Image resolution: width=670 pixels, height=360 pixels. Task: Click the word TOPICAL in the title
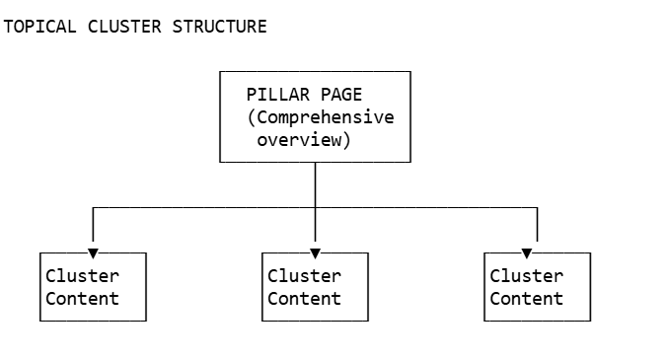(x=40, y=27)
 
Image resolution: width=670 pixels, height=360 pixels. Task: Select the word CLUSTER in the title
(x=125, y=27)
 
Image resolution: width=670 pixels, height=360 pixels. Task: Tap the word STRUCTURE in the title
(x=220, y=27)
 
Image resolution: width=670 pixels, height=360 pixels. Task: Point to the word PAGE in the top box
(x=341, y=95)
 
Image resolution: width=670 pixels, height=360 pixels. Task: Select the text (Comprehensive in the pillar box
(x=321, y=117)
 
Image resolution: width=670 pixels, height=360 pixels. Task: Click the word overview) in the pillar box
(x=305, y=140)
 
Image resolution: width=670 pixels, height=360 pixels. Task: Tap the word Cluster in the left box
(x=82, y=276)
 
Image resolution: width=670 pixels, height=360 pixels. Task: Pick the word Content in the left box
(x=82, y=299)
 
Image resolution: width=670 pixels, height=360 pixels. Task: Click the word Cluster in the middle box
(x=304, y=276)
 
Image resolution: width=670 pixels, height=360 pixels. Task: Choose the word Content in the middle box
(x=304, y=299)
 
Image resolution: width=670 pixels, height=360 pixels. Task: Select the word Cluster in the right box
(x=526, y=276)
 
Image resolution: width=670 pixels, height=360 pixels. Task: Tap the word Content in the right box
(x=526, y=299)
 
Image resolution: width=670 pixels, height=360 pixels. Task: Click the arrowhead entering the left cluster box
(x=93, y=253)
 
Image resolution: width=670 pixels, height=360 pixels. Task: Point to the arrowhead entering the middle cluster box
(x=315, y=253)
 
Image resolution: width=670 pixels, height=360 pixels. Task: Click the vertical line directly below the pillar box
(x=315, y=184)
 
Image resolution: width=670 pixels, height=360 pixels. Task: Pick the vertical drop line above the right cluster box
(x=537, y=225)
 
